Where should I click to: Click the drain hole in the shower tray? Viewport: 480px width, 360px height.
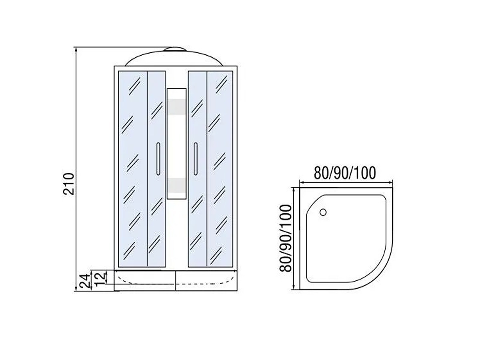(323, 212)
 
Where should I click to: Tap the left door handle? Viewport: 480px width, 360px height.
(158, 158)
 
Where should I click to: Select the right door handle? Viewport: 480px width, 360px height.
(196, 158)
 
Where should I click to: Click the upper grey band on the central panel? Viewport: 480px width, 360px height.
(176, 106)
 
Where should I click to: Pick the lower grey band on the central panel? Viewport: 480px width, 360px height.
(176, 186)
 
